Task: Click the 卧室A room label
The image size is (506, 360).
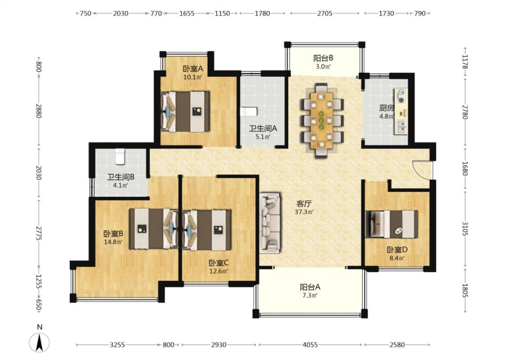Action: tap(193, 69)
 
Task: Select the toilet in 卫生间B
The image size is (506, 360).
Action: tap(120, 156)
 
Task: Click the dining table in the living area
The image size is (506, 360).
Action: tap(322, 121)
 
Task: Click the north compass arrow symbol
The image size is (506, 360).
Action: tap(40, 342)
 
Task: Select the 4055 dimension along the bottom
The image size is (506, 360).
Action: tap(310, 345)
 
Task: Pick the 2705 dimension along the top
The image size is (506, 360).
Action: tap(325, 13)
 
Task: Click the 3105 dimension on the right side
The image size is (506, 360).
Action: tap(465, 229)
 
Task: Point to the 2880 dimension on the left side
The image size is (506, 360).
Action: tap(39, 111)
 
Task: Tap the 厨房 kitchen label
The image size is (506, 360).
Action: tap(386, 108)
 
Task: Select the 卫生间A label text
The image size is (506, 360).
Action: tap(263, 129)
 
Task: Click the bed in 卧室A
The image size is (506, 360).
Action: tap(185, 112)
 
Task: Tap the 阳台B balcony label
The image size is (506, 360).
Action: tap(323, 58)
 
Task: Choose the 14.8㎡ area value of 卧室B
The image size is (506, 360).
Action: tap(113, 242)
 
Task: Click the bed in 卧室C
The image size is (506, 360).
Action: tap(207, 230)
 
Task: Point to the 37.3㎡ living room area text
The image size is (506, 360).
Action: tap(304, 212)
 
